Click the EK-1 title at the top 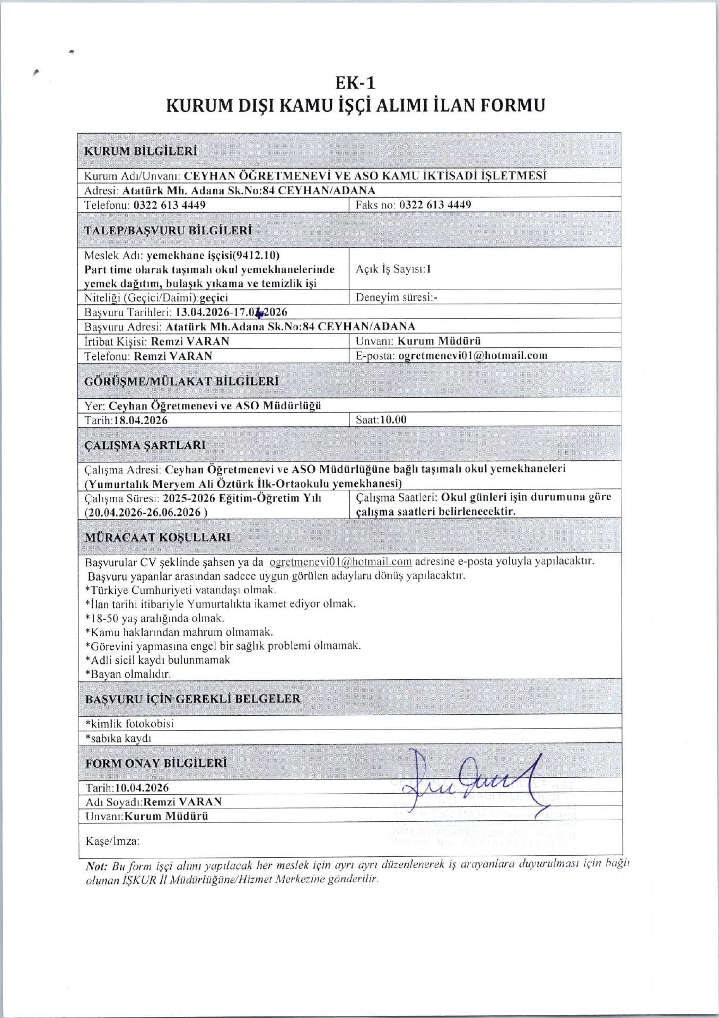point(355,83)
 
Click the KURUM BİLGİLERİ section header point(141,151)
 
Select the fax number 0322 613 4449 point(435,205)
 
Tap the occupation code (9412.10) point(256,255)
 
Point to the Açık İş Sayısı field point(393,269)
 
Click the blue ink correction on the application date point(259,313)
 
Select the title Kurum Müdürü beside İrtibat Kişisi point(439,341)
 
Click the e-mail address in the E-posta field point(472,356)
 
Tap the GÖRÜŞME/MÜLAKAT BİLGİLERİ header point(181,381)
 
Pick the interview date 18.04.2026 point(141,420)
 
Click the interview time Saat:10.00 point(381,419)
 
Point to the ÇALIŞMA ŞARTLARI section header point(145,445)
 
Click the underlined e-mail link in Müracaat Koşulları point(340,561)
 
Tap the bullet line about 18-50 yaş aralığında point(155,618)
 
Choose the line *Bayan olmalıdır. point(128,674)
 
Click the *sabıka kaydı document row point(118,738)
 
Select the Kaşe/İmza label point(112,841)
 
